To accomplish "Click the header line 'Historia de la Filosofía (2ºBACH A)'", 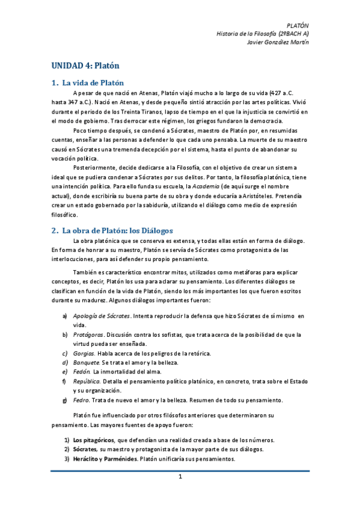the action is coord(262,35).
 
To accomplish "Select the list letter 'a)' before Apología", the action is coord(65,316).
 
